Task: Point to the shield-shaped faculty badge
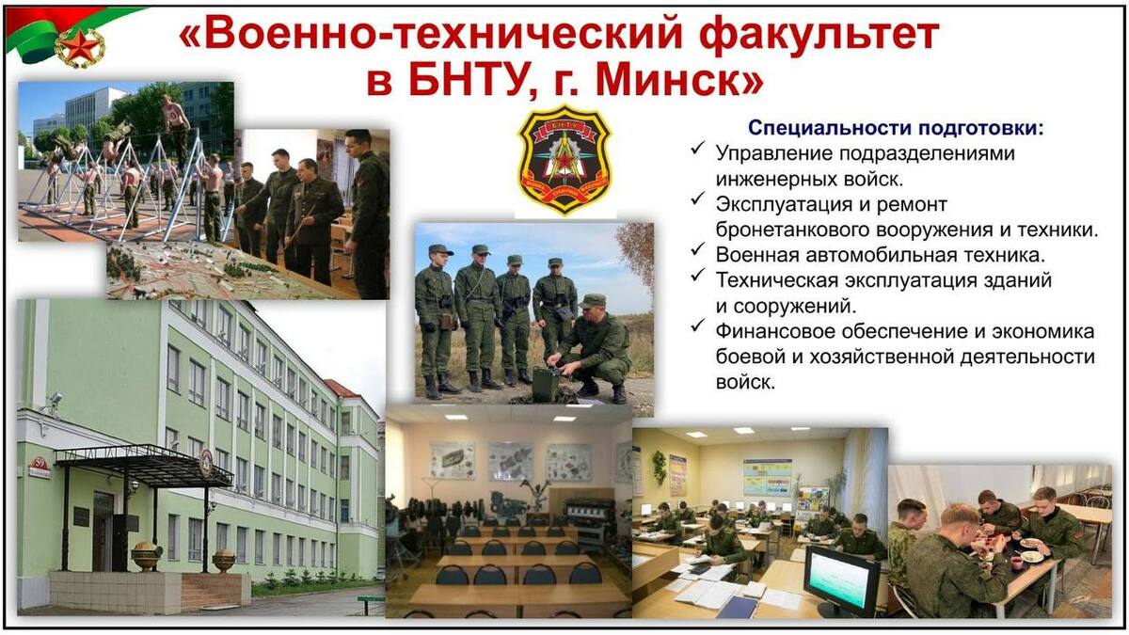(565, 159)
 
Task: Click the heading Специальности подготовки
(895, 128)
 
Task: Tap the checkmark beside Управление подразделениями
(697, 149)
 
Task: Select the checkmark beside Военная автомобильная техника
(697, 249)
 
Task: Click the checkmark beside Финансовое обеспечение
(697, 326)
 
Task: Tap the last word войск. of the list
(745, 383)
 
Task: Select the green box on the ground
(546, 385)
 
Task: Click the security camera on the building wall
(55, 400)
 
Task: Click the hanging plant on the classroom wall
(659, 468)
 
